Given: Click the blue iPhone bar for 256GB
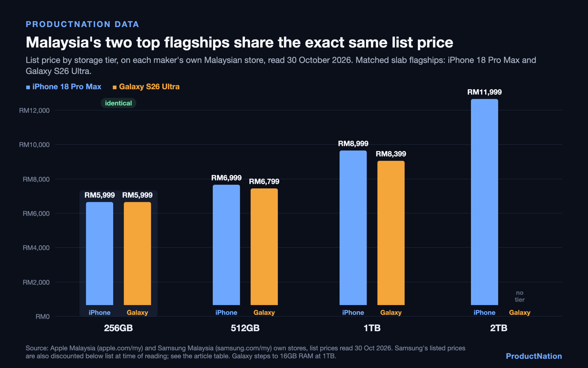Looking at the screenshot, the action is point(99,253).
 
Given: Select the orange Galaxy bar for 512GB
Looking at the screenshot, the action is point(264,247).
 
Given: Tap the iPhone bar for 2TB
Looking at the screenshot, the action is point(485,202).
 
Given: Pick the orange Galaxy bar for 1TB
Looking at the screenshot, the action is point(391,233).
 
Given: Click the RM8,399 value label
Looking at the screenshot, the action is point(391,154).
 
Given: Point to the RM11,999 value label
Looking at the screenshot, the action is point(485,92).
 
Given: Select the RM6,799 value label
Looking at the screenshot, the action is point(264,181).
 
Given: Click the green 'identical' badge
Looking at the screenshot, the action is point(118,103).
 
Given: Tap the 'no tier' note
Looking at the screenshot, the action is point(520,296).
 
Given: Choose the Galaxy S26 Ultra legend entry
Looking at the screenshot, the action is point(146,87).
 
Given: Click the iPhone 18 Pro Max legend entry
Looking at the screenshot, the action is point(64,87).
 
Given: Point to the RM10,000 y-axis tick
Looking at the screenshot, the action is point(34,145).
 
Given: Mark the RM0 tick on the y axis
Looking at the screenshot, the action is point(43,316).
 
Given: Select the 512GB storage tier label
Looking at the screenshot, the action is point(245,328).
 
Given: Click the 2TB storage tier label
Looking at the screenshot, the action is point(499,328).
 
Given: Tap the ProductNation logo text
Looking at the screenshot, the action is point(534,356).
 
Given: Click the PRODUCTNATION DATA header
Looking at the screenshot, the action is point(82,24).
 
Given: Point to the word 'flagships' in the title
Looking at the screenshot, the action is point(197,43).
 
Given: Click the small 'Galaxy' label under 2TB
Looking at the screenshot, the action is point(520,313).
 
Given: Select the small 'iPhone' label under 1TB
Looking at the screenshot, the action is point(353,313).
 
